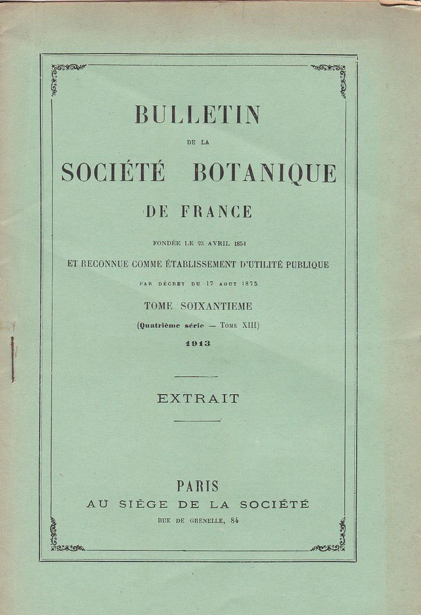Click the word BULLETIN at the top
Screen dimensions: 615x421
pos(198,115)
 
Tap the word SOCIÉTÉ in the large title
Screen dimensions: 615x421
pos(113,172)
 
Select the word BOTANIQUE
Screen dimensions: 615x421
pos(264,173)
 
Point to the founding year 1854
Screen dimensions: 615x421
pos(246,243)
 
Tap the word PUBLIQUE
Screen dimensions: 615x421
pos(304,264)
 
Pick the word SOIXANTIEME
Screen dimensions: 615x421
pos(216,306)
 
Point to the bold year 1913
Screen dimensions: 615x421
pos(198,344)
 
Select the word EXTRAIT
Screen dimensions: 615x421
pos(198,398)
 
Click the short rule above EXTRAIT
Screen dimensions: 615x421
pos(196,377)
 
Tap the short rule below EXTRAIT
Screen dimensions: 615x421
pos(197,420)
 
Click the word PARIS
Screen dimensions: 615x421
pos(198,486)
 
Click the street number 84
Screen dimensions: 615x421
pos(234,520)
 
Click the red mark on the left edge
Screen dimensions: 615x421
pos(12,359)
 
